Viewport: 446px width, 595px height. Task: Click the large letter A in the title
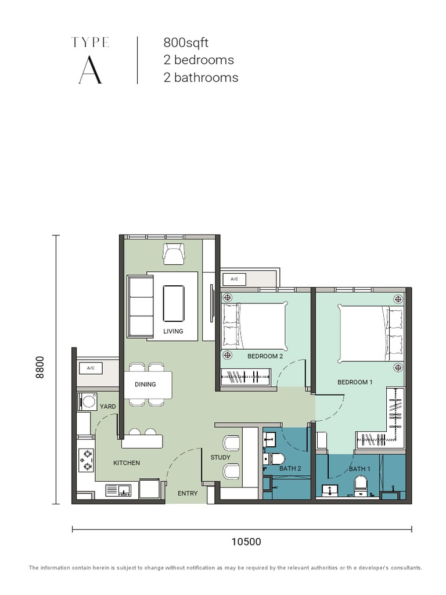[x=91, y=71]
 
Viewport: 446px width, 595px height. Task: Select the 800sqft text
[x=186, y=42]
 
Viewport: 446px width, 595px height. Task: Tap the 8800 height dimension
[x=39, y=367]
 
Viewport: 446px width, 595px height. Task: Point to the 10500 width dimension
[x=246, y=542]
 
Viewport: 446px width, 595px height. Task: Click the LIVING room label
[x=173, y=331]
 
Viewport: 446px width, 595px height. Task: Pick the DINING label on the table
[x=145, y=384]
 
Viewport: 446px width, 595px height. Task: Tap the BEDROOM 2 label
[x=265, y=356]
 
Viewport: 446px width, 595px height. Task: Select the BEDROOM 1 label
[x=355, y=382]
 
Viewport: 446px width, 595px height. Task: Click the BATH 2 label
[x=291, y=468]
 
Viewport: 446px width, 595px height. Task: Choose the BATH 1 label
[x=360, y=469]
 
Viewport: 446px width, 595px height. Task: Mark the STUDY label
[x=221, y=457]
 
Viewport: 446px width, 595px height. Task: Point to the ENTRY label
[x=188, y=493]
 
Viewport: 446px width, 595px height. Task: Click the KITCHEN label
[x=127, y=463]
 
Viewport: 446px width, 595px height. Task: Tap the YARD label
[x=107, y=407]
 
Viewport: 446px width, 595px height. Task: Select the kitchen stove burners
[x=87, y=460]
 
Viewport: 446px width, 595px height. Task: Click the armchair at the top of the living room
[x=174, y=253]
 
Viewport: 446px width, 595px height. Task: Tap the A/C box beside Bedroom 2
[x=235, y=279]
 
